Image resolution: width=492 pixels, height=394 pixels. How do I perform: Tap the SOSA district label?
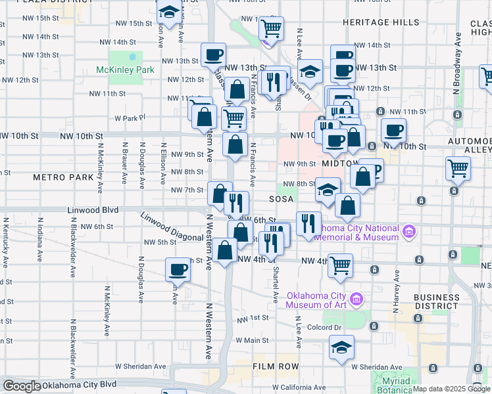[280, 199]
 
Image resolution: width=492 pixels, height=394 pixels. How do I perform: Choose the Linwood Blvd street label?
[93, 210]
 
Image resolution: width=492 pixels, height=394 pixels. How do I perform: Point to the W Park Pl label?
[129, 118]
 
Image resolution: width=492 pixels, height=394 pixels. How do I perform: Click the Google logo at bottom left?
[22, 386]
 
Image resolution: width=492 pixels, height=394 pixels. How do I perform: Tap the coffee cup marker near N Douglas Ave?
[178, 269]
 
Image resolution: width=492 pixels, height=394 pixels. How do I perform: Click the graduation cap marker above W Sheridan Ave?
[341, 347]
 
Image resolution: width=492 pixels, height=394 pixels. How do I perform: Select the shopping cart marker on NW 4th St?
[340, 265]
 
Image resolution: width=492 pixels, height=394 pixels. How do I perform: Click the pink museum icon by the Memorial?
[409, 230]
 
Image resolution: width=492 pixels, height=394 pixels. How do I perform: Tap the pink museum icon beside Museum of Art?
[357, 299]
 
